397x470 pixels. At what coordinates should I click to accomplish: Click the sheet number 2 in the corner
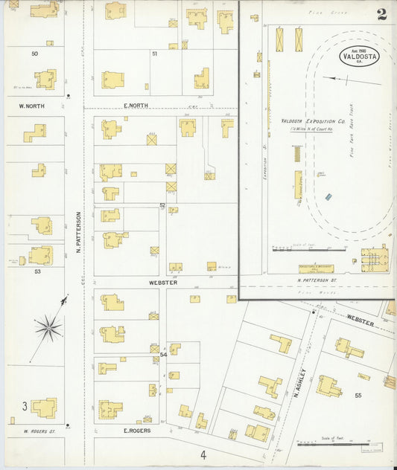tap(381, 14)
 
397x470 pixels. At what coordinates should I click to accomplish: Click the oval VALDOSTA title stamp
tap(359, 57)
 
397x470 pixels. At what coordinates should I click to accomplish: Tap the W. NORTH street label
tap(32, 106)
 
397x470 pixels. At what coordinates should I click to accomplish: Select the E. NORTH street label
tap(136, 106)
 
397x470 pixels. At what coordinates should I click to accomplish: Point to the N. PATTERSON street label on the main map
tap(77, 233)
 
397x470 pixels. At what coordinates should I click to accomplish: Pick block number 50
tap(34, 54)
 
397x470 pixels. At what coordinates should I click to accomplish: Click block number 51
tap(154, 54)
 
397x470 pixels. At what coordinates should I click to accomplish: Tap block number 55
tap(358, 396)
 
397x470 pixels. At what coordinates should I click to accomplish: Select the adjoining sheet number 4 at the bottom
tap(202, 454)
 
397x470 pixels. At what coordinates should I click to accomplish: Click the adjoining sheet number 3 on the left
tap(25, 406)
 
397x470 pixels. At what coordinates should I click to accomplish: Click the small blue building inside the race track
tap(328, 197)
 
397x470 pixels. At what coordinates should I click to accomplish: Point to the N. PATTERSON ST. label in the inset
tap(317, 280)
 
